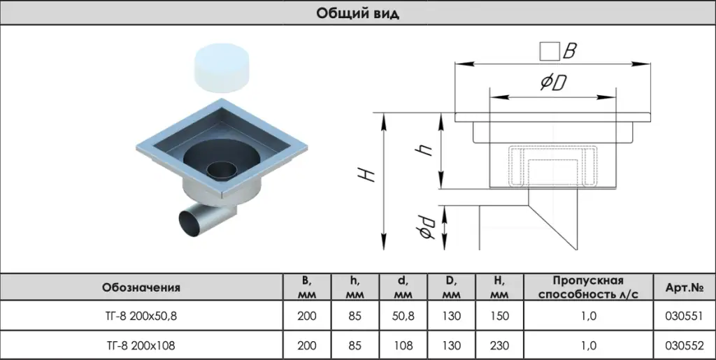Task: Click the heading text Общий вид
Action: pyautogui.click(x=357, y=13)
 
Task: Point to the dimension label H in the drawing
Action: pyautogui.click(x=370, y=174)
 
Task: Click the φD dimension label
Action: pyautogui.click(x=552, y=83)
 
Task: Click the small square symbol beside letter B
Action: pyautogui.click(x=549, y=51)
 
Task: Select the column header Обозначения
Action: pyautogui.click(x=141, y=287)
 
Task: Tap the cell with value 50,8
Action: pyautogui.click(x=403, y=316)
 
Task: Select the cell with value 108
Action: pyautogui.click(x=403, y=345)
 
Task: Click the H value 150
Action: pyautogui.click(x=499, y=316)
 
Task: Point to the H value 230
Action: pyautogui.click(x=499, y=345)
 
